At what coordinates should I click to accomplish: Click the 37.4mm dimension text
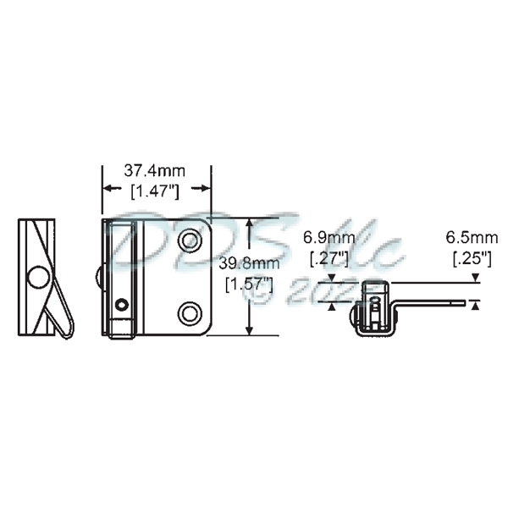click(157, 170)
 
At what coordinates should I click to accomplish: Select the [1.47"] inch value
click(157, 192)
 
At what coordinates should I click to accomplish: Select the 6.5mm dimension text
click(475, 236)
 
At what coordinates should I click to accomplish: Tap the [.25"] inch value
click(471, 257)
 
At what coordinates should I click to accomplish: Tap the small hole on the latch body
click(124, 304)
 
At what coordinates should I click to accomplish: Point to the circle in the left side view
click(38, 277)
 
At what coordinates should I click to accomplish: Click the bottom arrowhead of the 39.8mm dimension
click(248, 330)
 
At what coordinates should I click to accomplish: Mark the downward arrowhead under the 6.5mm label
click(476, 278)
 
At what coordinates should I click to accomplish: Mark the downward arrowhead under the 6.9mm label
click(332, 278)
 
